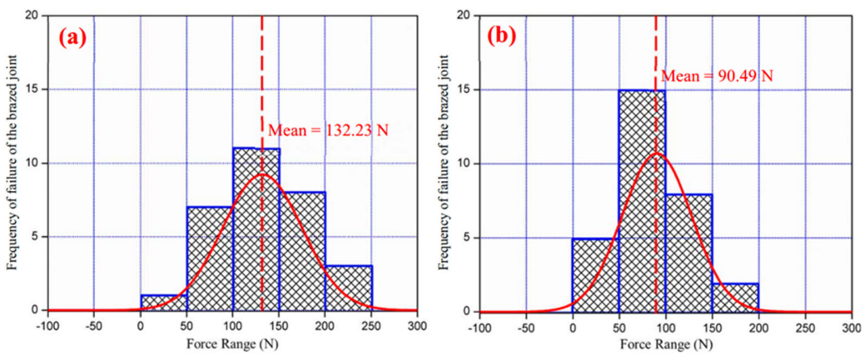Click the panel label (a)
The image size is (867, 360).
[x=72, y=37]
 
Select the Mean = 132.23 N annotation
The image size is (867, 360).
[x=328, y=130]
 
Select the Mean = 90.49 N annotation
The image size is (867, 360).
[x=717, y=76]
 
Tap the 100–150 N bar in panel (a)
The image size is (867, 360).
[x=256, y=229]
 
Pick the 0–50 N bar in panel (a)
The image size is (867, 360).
[x=163, y=303]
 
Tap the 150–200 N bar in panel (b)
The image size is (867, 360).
[x=735, y=298]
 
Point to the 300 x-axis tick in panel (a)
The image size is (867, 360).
[x=417, y=326]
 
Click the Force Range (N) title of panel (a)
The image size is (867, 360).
[x=233, y=344]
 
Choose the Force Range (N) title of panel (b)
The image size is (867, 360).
[x=666, y=345]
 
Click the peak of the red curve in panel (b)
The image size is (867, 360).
[x=656, y=153]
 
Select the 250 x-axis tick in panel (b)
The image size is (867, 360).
[x=805, y=328]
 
